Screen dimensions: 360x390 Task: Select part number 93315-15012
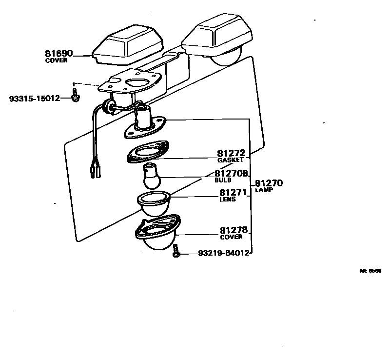tap(34, 99)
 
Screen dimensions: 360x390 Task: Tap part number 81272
tap(231, 153)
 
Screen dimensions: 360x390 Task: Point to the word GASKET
tap(231, 160)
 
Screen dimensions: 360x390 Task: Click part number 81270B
tap(232, 174)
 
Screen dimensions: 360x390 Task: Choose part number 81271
tap(232, 192)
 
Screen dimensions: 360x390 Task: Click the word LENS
tap(227, 199)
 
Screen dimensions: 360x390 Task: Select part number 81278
tap(231, 230)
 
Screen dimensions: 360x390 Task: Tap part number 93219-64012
tap(224, 253)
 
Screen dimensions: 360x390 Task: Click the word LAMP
tap(264, 190)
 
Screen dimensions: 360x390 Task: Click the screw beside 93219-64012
tap(176, 253)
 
